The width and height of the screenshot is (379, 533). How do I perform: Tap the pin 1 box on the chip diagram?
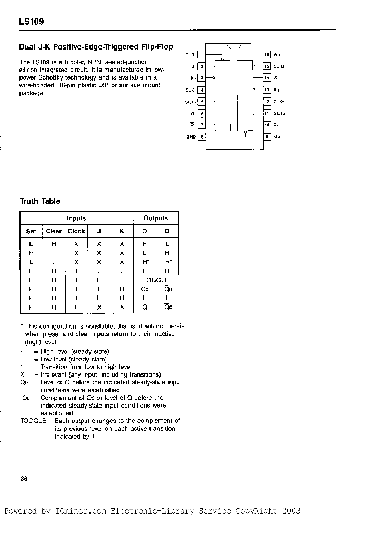pos(202,55)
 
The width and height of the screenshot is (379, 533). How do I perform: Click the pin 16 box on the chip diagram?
pos(267,55)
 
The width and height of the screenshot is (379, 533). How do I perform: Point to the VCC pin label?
pos(277,55)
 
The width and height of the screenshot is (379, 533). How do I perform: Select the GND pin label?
pos(191,136)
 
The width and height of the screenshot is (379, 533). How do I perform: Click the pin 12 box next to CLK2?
pos(267,102)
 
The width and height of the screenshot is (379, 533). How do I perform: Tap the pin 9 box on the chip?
pos(267,136)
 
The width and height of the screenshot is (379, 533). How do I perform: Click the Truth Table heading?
pos(40,201)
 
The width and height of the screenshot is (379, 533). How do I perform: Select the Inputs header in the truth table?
pos(76,218)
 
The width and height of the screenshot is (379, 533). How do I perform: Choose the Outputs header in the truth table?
pos(156,218)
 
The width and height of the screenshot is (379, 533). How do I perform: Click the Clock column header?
pos(76,231)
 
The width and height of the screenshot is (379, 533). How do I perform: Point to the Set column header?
pos(31,231)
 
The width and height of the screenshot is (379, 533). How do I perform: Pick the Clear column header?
pos(54,231)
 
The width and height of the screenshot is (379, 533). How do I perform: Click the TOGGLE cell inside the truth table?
pos(156,280)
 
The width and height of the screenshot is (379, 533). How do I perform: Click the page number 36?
pos(24,479)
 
